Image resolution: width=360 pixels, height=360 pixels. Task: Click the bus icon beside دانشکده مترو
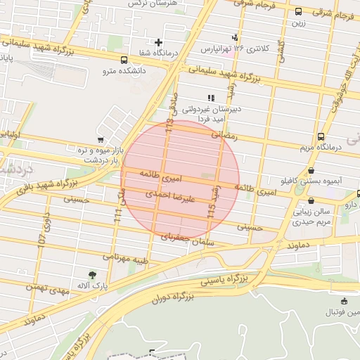tap(124, 60)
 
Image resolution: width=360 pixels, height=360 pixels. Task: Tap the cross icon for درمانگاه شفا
tap(159, 43)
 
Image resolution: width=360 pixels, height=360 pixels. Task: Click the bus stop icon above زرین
tap(299, 12)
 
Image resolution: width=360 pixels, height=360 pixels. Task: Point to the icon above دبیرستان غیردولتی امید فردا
tap(210, 98)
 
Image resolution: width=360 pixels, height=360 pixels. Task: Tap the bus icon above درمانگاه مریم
tap(321, 136)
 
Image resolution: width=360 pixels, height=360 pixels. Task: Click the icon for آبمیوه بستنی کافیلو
tap(311, 170)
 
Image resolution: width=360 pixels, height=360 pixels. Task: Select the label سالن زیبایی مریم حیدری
tap(311, 215)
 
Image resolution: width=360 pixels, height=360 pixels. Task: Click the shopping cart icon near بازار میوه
tap(101, 139)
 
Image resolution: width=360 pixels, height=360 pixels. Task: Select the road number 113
tap(168, 127)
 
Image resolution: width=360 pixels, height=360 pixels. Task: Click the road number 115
tap(210, 207)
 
